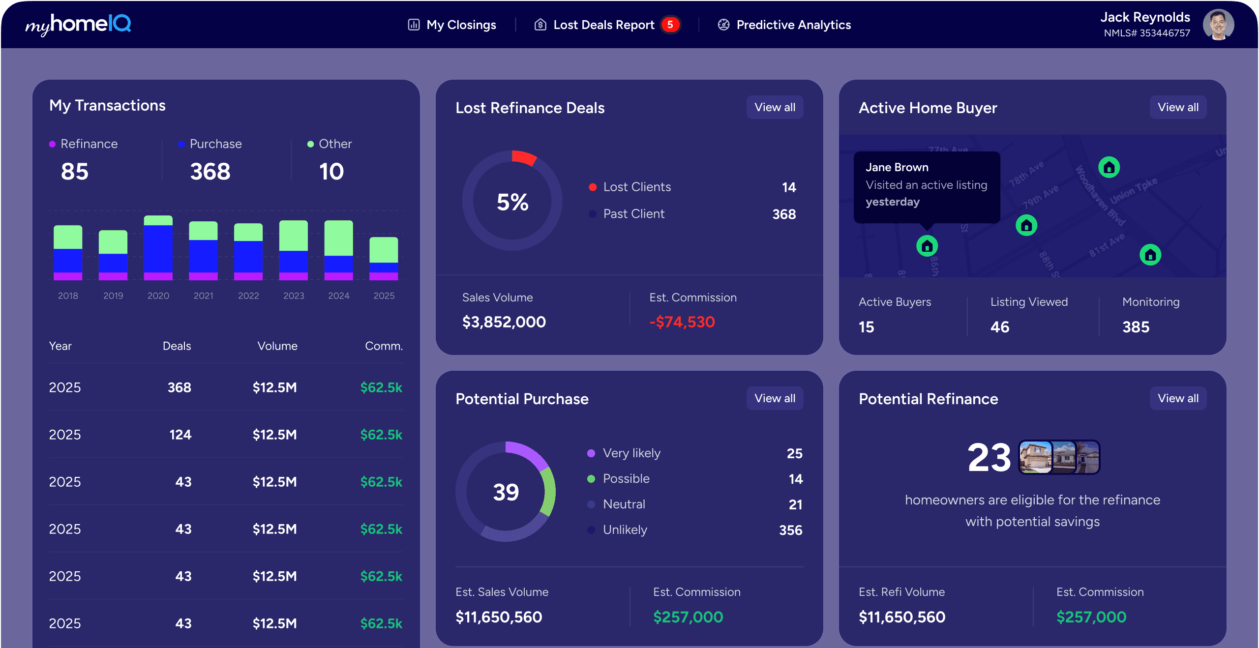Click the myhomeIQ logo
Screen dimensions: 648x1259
pos(78,25)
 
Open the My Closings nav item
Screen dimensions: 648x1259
pos(452,25)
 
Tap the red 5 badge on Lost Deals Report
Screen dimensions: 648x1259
pos(670,25)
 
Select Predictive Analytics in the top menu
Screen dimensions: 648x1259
pos(784,25)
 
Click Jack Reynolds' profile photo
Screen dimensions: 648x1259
pos(1218,25)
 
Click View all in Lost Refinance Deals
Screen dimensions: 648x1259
pos(775,107)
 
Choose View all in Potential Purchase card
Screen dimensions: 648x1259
pos(775,398)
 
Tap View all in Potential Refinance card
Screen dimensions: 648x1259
pos(1178,398)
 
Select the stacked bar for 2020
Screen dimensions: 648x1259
pos(158,248)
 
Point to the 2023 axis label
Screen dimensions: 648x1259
pos(294,295)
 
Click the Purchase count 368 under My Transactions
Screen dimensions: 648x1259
pos(210,172)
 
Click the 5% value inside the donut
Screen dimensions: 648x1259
pos(512,202)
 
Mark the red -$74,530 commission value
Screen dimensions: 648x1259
pos(682,322)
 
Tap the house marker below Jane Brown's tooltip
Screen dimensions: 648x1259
pos(927,246)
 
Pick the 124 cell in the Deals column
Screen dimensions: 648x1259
pos(180,435)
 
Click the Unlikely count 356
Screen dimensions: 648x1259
pos(790,530)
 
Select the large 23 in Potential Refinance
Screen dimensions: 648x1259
pos(989,458)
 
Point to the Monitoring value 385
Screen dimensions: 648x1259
pos(1136,327)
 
